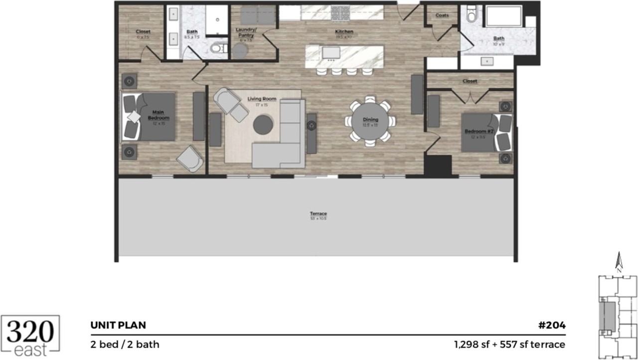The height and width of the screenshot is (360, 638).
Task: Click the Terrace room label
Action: click(318, 214)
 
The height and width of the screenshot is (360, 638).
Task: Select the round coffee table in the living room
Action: click(263, 125)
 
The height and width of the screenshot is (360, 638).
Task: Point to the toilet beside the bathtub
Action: click(471, 15)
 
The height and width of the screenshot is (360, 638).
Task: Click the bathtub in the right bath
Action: click(503, 16)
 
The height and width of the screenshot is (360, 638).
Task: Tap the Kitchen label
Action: click(343, 32)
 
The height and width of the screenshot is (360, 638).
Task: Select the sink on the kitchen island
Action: click(331, 52)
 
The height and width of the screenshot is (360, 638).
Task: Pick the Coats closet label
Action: click(442, 15)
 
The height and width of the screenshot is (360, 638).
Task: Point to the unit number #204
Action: click(552, 326)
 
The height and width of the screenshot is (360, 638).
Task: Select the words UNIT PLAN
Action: click(118, 326)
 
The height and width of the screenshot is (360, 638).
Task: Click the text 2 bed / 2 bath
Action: click(125, 344)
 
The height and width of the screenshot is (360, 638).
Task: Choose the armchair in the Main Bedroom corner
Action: click(190, 158)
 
